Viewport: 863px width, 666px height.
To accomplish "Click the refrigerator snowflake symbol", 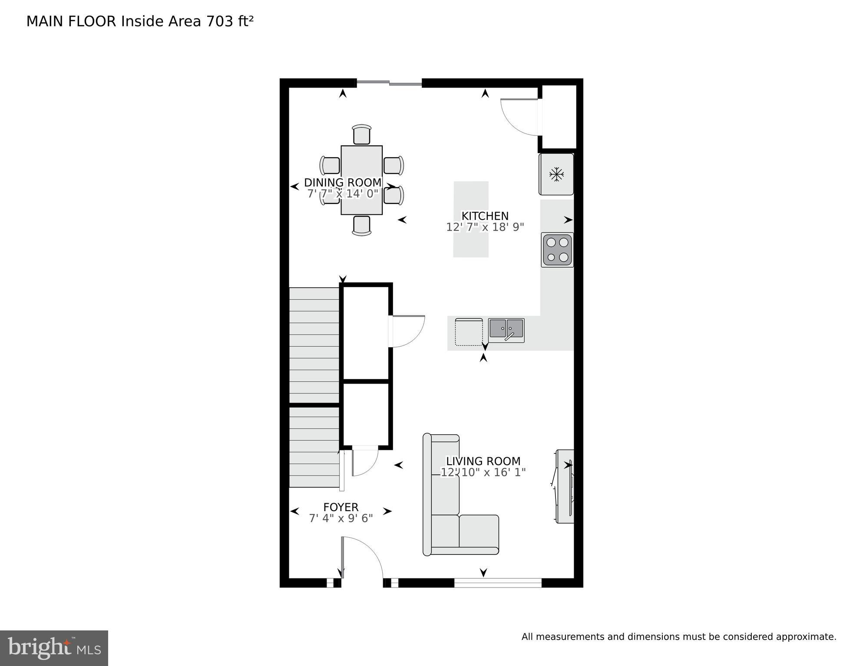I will coord(556,174).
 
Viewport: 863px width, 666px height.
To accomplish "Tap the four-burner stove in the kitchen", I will coord(557,249).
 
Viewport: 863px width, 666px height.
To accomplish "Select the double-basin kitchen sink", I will coord(506,330).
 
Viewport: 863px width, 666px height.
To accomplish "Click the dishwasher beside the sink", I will coord(469,332).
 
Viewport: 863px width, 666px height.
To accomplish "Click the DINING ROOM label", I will coord(343,183).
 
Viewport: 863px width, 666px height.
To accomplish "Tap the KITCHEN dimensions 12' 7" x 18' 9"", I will coord(485,227).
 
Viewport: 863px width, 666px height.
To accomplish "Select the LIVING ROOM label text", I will coord(483,461).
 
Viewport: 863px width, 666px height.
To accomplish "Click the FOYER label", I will coord(341,507).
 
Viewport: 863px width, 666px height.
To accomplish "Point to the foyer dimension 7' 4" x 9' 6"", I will coord(341,518).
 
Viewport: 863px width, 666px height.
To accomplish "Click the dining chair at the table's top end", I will coord(361,135).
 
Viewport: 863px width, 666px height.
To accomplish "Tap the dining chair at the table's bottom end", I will coord(361,226).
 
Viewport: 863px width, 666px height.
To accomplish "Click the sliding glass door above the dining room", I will coord(389,82).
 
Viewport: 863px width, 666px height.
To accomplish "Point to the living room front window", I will coord(498,583).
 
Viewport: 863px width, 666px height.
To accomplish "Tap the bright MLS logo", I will coord(54,648).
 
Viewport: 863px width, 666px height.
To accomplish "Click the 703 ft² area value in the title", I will coord(230,21).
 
